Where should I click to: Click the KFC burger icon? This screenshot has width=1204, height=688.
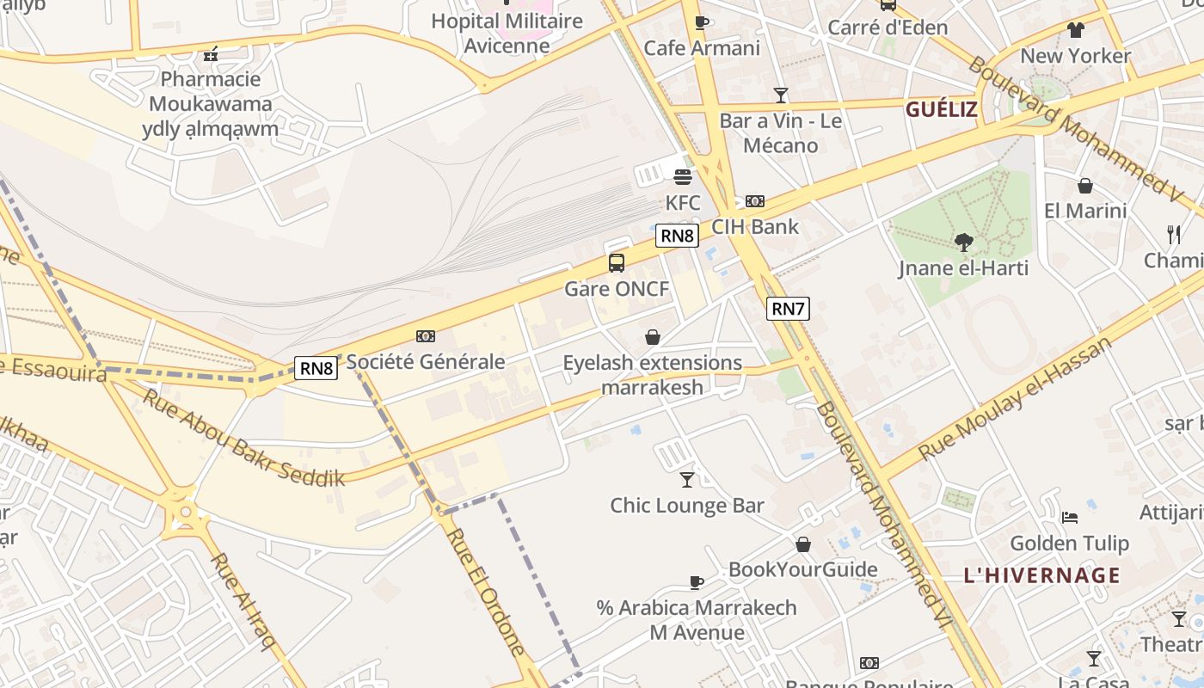pos(683,177)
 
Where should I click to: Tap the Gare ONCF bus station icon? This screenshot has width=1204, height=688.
pos(617,263)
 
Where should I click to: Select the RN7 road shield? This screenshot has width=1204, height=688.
pos(789,309)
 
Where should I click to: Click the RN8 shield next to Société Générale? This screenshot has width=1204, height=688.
pos(316,369)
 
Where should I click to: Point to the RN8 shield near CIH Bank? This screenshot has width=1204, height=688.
pos(677,236)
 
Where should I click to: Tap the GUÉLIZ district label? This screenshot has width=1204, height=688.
pos(941,109)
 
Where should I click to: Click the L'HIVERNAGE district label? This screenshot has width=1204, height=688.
pos(1041,575)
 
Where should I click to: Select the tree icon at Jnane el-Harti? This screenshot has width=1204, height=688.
pos(963,243)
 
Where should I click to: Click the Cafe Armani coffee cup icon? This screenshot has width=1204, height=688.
pos(702,23)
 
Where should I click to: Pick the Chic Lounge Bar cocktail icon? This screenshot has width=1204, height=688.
pos(687,480)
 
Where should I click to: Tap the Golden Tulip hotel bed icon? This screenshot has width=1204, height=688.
pos(1069,518)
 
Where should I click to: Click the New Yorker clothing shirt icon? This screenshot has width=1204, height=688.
pos(1075,31)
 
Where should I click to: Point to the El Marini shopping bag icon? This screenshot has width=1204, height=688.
pos(1085,186)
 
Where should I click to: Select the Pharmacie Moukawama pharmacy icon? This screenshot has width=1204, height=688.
pos(211,55)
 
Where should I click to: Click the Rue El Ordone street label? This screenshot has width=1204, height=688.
pos(485,593)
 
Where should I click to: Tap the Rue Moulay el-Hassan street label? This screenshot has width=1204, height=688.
pos(1015,399)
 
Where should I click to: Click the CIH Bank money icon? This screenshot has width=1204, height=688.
pos(755,201)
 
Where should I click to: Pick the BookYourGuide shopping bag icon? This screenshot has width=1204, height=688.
pos(803,544)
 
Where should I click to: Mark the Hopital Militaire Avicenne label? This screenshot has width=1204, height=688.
pos(507,33)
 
